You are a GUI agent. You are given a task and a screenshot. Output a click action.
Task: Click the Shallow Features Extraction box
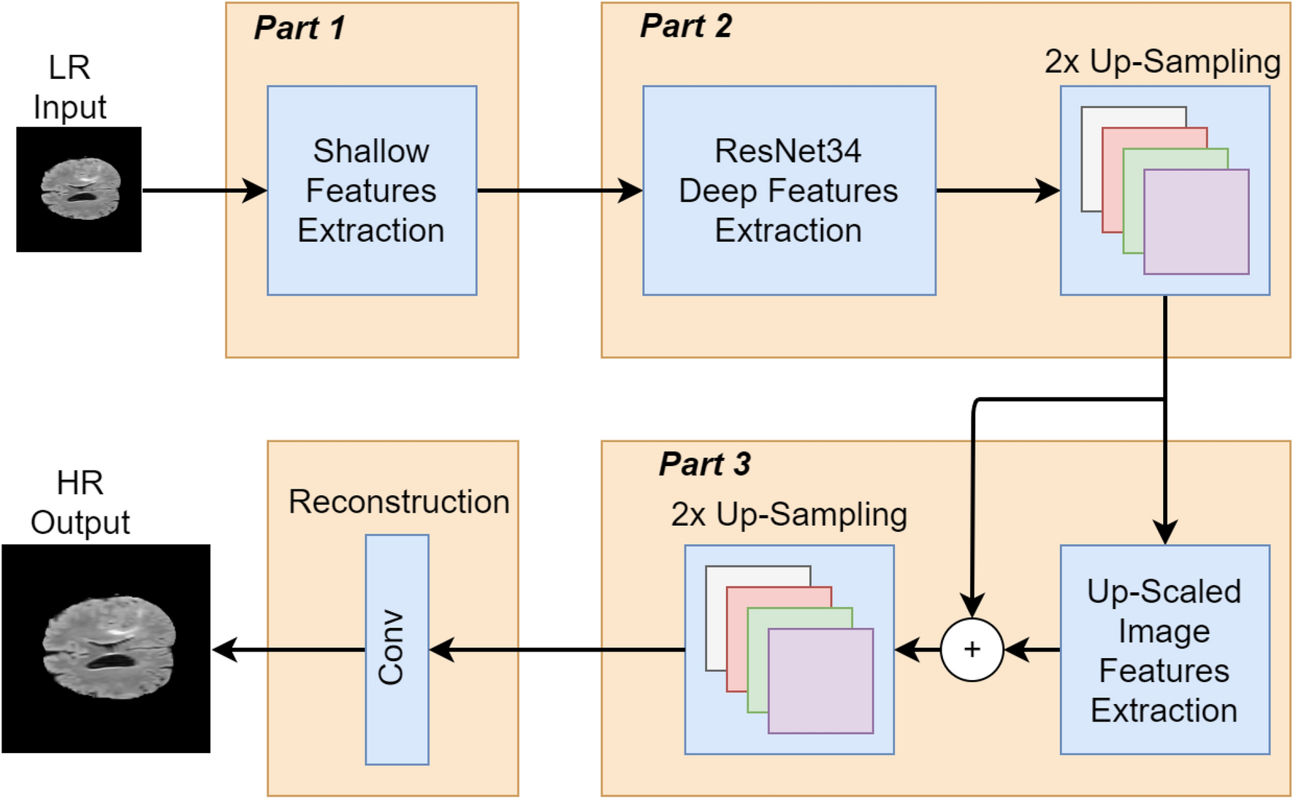point(372,191)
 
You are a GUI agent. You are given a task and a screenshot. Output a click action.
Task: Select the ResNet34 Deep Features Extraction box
point(789,191)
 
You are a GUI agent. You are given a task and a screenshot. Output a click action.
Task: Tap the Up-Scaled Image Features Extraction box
point(1164,649)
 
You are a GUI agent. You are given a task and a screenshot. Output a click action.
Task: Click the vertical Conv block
point(397,649)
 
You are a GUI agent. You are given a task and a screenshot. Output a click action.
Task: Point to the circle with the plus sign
point(972,649)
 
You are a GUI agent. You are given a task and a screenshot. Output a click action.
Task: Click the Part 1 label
point(300,28)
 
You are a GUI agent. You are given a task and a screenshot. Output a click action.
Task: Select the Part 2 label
point(686,26)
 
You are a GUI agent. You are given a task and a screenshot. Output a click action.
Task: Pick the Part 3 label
point(705,465)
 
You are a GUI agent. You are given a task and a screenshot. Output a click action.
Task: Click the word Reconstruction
point(399,502)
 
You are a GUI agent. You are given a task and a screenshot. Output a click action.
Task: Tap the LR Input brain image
point(79,190)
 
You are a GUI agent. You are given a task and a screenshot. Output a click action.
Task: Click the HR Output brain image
point(107,649)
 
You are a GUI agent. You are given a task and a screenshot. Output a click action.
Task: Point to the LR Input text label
point(69,88)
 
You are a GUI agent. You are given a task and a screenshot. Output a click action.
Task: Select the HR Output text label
point(80,503)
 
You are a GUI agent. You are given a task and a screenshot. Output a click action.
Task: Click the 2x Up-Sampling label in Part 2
point(1162,62)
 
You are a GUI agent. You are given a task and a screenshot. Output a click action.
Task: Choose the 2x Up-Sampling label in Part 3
point(789,515)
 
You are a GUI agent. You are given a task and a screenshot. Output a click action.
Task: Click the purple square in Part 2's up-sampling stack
point(1196,222)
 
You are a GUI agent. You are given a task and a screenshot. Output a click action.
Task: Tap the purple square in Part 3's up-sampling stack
point(820,681)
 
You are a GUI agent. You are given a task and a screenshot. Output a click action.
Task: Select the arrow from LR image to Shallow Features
point(205,191)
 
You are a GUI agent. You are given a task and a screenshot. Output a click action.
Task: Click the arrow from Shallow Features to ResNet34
point(560,191)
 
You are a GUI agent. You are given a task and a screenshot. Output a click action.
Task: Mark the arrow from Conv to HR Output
point(289,649)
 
